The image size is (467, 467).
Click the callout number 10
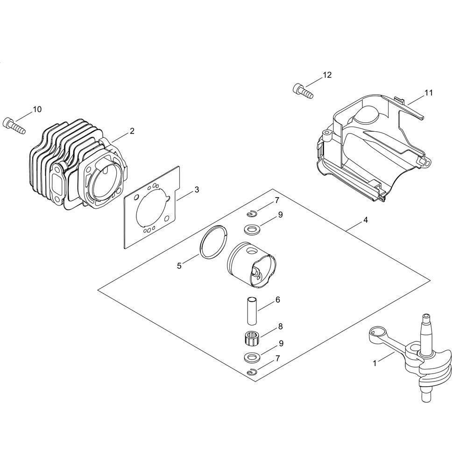tap(37, 110)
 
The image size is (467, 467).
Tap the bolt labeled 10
tap(14, 126)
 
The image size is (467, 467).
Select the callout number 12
tap(327, 75)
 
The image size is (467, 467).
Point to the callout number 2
tap(132, 131)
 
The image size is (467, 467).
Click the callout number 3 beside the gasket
tap(197, 190)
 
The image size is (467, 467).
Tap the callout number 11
tap(428, 93)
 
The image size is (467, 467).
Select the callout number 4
tap(366, 220)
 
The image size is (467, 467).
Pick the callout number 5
tap(179, 266)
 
